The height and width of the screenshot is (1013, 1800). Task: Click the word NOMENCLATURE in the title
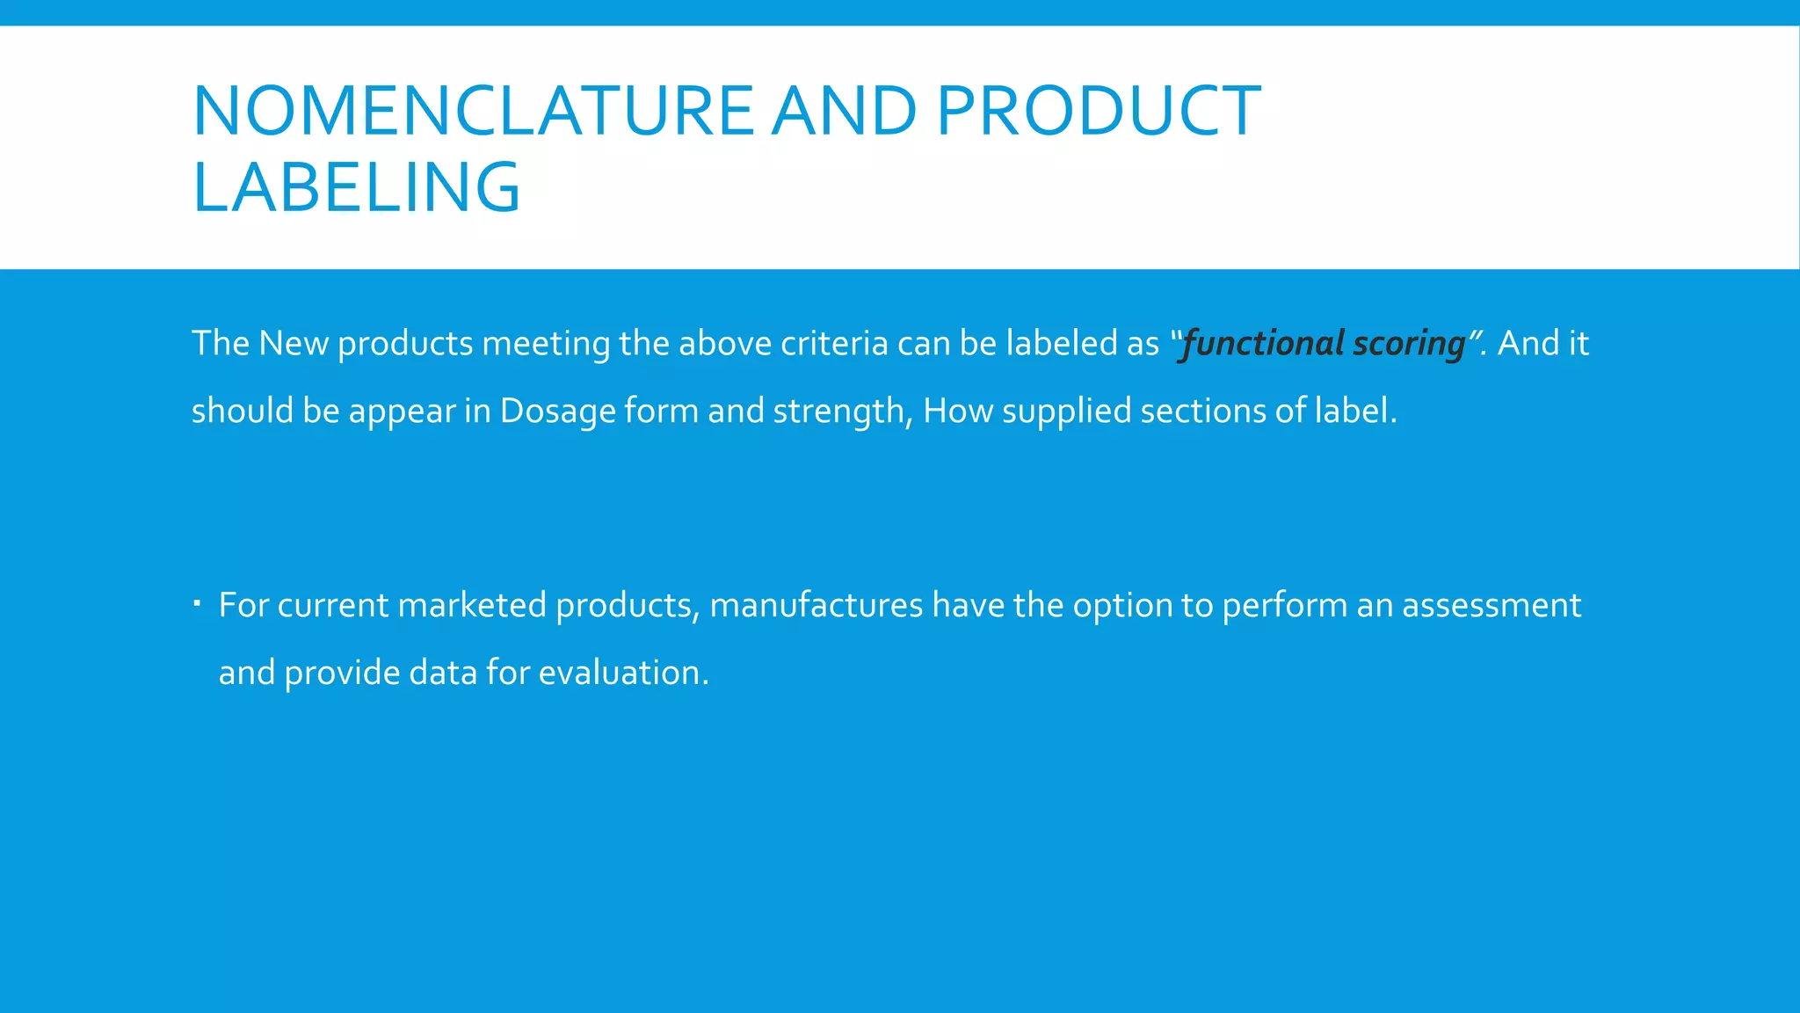point(473,111)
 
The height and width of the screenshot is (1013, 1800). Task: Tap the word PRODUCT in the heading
point(1099,111)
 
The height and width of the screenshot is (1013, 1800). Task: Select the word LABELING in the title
point(356,187)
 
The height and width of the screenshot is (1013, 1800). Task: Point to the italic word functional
point(1263,343)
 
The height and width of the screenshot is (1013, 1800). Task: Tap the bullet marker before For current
point(198,603)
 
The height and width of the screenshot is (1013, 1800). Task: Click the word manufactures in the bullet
point(816,605)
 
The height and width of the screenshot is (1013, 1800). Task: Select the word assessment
point(1491,605)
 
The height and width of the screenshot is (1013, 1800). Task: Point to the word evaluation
point(623,673)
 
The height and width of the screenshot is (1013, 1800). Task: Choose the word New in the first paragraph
point(294,343)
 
